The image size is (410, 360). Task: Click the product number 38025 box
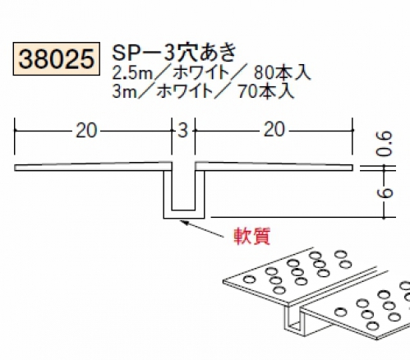click(x=56, y=59)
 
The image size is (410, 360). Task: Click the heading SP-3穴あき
click(x=174, y=53)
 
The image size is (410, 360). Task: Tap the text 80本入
click(x=282, y=73)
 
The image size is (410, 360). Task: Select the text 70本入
click(x=266, y=91)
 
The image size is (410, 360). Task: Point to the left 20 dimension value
click(x=86, y=131)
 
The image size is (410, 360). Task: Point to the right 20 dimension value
click(x=274, y=130)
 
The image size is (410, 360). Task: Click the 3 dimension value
click(x=183, y=131)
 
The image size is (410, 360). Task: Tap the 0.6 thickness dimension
click(x=385, y=144)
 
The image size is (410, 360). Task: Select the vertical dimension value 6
click(x=385, y=193)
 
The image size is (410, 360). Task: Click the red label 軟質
click(x=252, y=236)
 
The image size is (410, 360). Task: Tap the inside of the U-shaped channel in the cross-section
click(x=183, y=189)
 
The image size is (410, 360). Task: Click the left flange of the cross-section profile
click(x=90, y=167)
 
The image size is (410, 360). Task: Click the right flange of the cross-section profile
click(x=274, y=167)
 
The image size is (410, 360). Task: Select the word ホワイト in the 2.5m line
click(x=201, y=73)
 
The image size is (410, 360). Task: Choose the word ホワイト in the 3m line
click(x=185, y=91)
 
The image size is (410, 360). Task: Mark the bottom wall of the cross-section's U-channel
click(x=184, y=215)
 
